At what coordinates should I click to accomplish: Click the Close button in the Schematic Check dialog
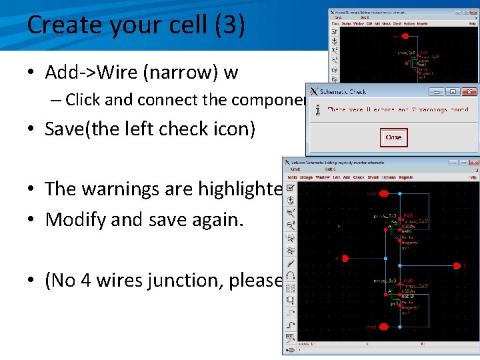[393, 138]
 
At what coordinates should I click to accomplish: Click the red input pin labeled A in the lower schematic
[339, 258]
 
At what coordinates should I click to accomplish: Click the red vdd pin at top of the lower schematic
[373, 195]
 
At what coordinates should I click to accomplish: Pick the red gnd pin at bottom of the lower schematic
[372, 327]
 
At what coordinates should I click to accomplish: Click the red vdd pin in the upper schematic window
[397, 37]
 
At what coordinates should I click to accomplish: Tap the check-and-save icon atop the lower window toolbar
[290, 188]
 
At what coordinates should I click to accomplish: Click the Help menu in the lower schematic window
[472, 177]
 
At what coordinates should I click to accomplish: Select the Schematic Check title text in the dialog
[343, 92]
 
